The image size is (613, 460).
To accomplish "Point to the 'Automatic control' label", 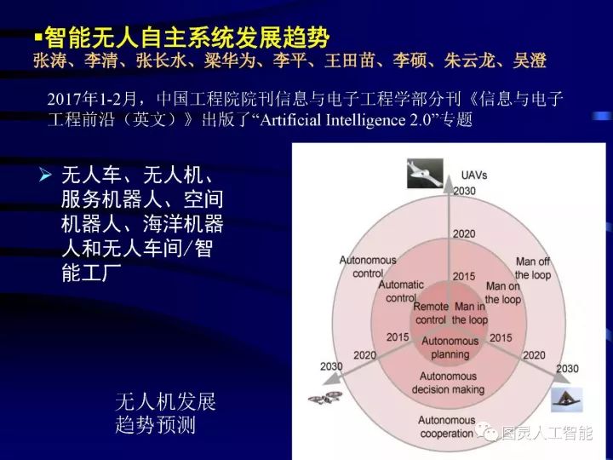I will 400,291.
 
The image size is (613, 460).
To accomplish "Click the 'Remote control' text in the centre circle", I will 431,313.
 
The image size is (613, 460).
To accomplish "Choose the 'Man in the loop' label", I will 471,313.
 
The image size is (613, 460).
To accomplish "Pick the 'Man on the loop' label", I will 503,293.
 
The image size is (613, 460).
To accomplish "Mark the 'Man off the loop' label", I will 534,268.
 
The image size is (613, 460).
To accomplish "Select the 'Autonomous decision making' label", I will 449,383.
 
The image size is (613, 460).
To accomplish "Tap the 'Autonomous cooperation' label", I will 447,427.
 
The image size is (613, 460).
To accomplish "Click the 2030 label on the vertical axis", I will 464,191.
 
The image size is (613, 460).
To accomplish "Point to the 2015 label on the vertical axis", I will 464,276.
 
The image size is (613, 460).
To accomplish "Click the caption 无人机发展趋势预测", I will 165,413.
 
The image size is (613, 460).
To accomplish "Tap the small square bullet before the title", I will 37,38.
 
